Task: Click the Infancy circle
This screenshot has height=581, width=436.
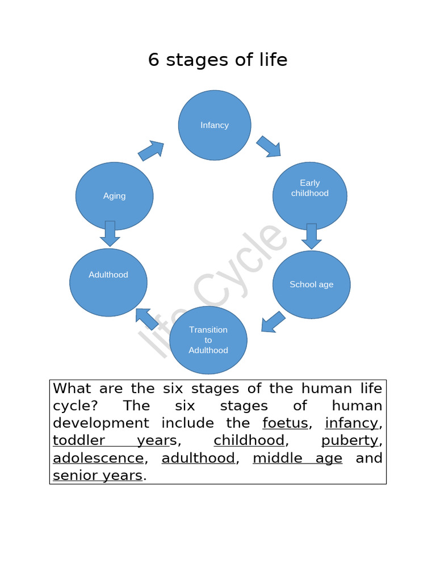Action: pos(215,125)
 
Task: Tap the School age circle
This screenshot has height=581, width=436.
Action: pos(311,285)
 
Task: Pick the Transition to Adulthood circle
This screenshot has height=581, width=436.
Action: pos(208,340)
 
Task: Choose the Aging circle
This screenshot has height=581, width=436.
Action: pos(114,196)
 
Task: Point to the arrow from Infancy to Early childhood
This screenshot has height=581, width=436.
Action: pos(269,146)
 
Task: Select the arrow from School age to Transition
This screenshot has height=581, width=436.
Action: pos(273,322)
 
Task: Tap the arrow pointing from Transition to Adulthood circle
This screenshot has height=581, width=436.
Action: pos(146,319)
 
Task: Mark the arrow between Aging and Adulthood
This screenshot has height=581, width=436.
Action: pos(110,233)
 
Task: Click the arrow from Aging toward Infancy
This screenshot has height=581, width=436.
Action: pos(151,151)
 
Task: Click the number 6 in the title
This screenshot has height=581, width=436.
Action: pos(153,60)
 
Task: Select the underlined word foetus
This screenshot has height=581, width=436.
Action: pos(285,423)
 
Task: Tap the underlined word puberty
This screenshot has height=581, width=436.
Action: pos(349,441)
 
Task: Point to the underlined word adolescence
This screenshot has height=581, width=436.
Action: pos(98,458)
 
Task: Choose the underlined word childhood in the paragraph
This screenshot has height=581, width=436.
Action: pos(249,441)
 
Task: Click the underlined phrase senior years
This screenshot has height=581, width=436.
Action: pos(97,475)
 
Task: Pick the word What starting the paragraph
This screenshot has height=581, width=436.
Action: pos(75,389)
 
